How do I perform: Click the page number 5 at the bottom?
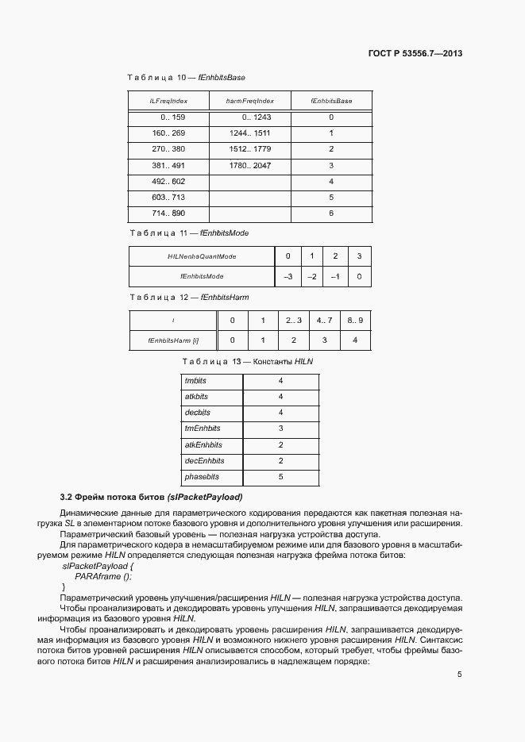459,675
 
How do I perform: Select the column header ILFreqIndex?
168,102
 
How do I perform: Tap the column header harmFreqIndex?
249,102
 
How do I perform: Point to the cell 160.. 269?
168,133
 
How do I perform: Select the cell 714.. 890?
168,214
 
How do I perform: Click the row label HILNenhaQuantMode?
202,256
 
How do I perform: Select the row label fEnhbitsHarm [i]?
172,340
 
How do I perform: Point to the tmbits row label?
195,380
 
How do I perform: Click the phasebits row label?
201,477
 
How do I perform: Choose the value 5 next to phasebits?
280,477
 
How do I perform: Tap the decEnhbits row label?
204,461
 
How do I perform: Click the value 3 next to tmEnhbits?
280,429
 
